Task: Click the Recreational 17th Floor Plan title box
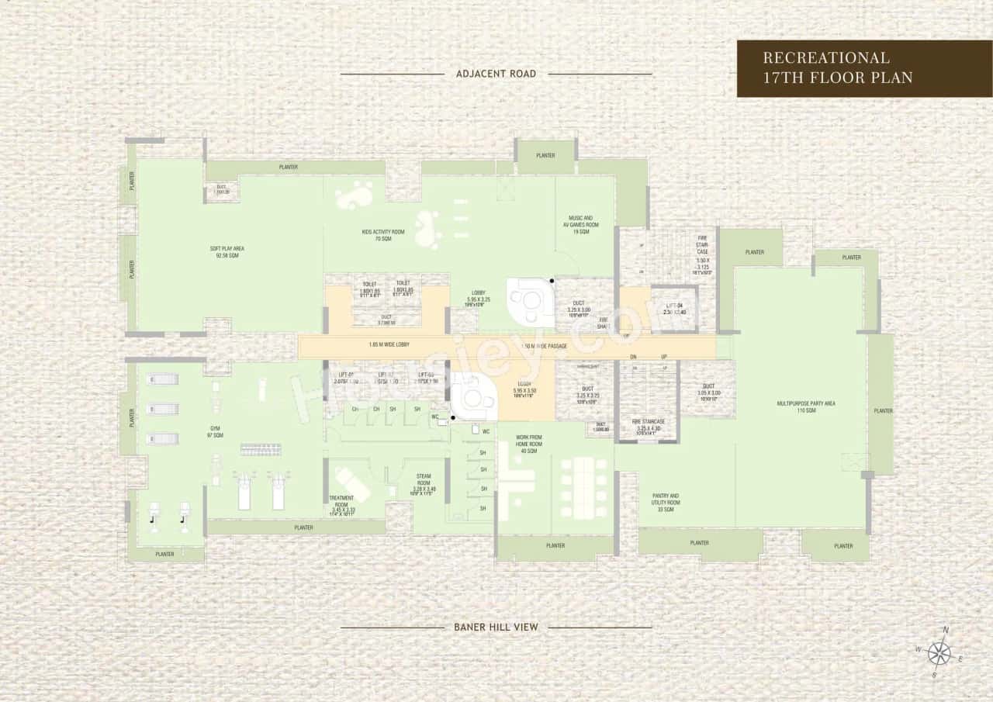(x=863, y=68)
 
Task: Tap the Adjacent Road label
(x=496, y=74)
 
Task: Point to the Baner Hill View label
(x=496, y=627)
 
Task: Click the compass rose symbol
(x=939, y=653)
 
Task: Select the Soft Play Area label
(x=227, y=251)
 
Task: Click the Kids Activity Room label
(x=382, y=235)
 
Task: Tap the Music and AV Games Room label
(x=581, y=225)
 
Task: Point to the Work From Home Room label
(x=530, y=444)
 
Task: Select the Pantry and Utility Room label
(x=665, y=503)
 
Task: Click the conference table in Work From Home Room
(x=585, y=479)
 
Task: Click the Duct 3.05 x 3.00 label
(x=709, y=390)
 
